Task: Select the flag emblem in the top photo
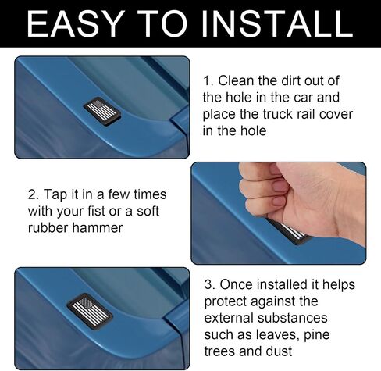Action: (x=102, y=111)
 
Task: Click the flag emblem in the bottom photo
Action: (x=90, y=312)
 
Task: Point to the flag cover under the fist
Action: (x=290, y=231)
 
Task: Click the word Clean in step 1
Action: (x=236, y=80)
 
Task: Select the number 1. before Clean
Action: (x=208, y=81)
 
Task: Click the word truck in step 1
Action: (x=277, y=114)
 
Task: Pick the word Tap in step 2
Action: (x=55, y=195)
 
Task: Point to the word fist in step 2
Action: (x=97, y=211)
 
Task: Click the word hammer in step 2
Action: (x=97, y=228)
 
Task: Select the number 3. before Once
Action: (x=210, y=284)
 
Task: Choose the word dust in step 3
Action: (x=279, y=351)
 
